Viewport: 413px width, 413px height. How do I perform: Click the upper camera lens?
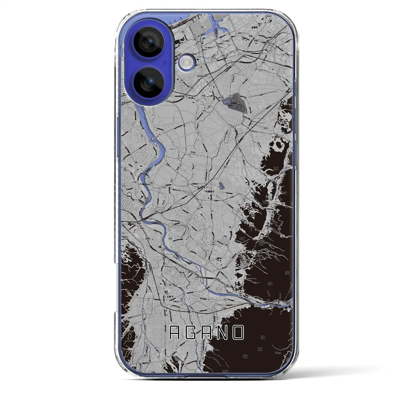149,42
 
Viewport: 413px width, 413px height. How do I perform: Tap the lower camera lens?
149,82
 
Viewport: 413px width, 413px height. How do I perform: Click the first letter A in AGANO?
176,333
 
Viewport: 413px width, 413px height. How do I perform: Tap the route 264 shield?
230,96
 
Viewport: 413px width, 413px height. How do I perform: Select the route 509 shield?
283,204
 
